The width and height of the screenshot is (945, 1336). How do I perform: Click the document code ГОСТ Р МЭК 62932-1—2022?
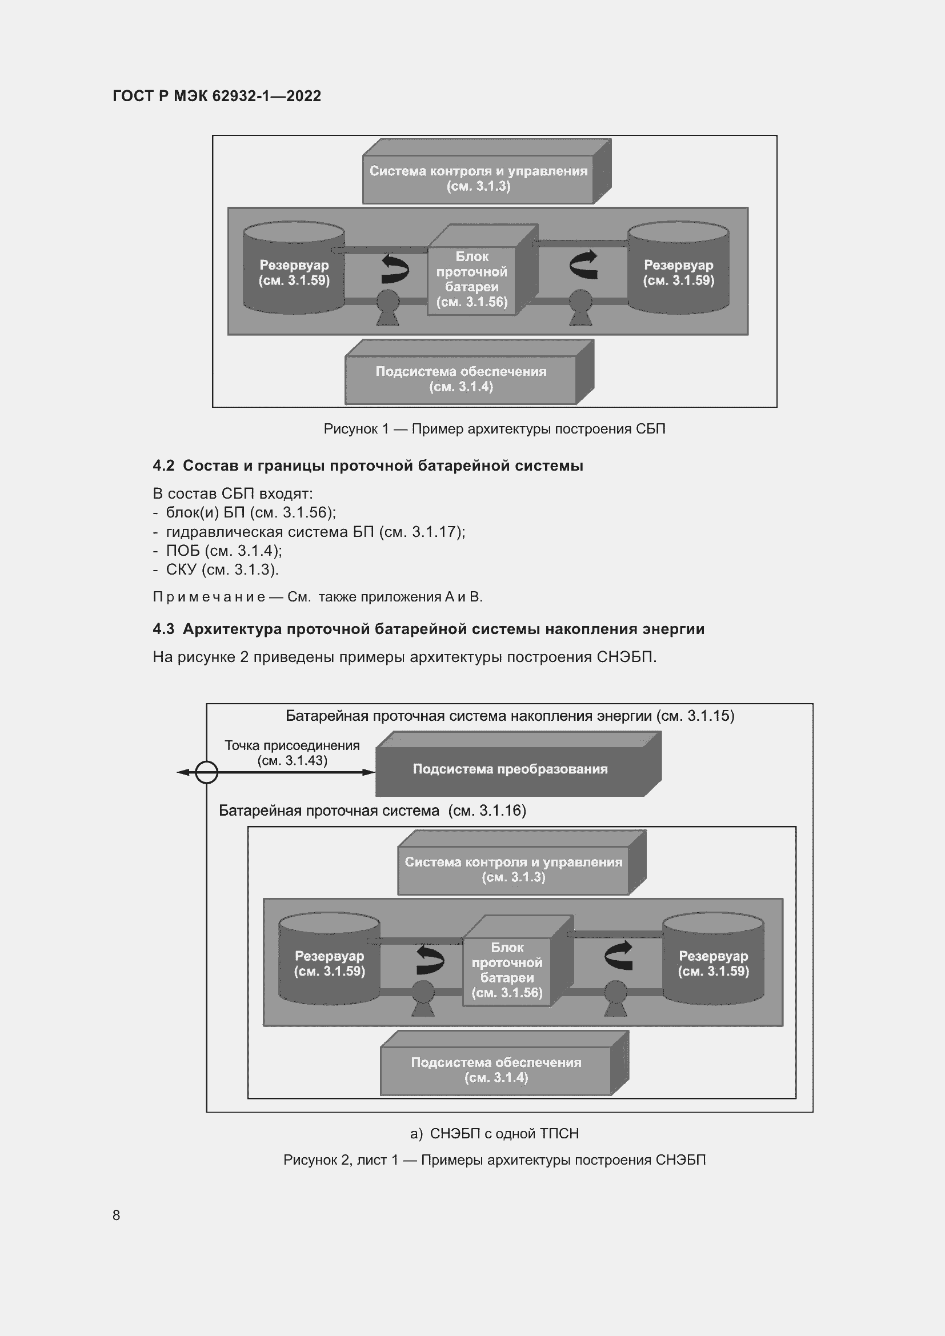[217, 96]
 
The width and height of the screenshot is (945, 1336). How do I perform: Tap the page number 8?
[117, 1215]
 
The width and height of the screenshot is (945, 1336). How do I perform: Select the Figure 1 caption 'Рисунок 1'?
[356, 429]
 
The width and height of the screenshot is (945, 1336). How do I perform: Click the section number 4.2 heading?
[163, 466]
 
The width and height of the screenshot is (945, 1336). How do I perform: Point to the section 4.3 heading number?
[163, 629]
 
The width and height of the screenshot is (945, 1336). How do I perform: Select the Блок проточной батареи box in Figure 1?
[472, 279]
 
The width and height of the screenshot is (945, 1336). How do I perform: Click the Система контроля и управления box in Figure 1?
[478, 178]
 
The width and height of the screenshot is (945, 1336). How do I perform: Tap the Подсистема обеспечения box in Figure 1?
[461, 379]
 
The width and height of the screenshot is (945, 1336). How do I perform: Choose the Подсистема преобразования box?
[510, 769]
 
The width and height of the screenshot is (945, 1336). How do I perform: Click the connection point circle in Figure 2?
[207, 773]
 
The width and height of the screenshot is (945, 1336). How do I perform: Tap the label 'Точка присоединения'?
[292, 745]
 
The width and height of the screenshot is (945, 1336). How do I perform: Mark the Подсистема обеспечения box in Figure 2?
[496, 1069]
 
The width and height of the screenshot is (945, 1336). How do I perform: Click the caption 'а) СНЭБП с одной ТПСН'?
[495, 1133]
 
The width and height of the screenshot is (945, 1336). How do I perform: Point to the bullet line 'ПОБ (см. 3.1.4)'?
[224, 551]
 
